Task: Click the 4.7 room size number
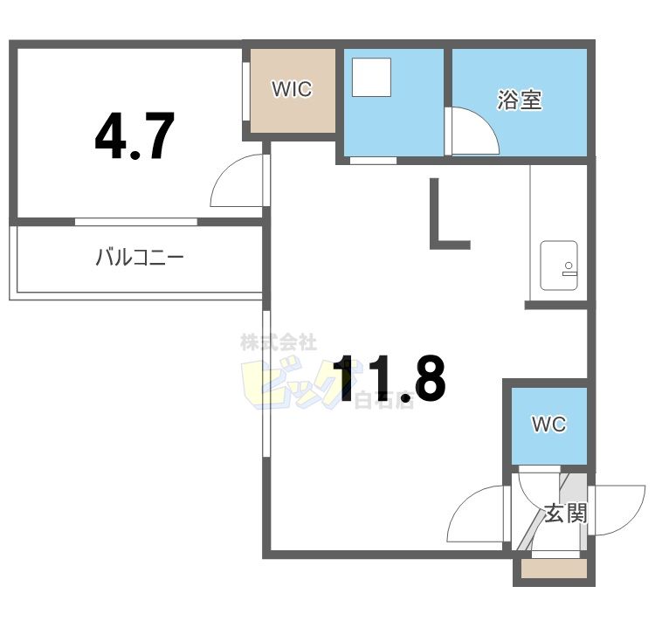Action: click(x=134, y=136)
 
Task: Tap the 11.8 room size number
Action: click(x=390, y=377)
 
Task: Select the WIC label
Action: click(x=291, y=90)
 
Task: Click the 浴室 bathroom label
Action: click(x=520, y=100)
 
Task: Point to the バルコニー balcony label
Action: click(x=140, y=258)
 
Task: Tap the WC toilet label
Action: click(x=549, y=424)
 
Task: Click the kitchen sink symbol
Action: click(x=559, y=266)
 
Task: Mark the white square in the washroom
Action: click(x=371, y=78)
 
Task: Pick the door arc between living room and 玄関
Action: click(x=476, y=515)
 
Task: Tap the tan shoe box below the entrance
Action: click(x=554, y=569)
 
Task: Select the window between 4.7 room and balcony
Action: click(x=135, y=221)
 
